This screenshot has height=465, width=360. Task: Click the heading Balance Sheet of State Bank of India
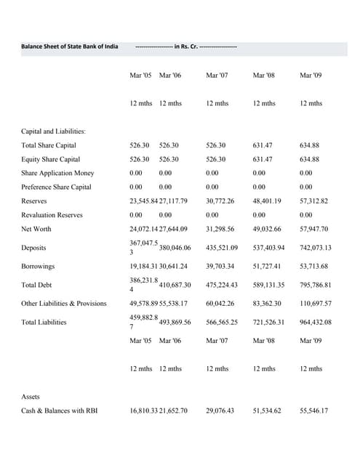tap(69, 47)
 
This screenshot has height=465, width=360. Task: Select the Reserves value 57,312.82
tap(314, 201)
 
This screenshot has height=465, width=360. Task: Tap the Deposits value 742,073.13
tap(316, 247)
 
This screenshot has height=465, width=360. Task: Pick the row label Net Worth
tap(36, 229)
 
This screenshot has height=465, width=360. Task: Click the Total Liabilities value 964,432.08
tap(316, 322)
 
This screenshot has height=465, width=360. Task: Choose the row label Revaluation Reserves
tap(52, 215)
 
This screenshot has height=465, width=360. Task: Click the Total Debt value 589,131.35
tap(270, 285)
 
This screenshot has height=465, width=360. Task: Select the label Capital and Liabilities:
tap(53, 132)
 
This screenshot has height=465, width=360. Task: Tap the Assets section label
tap(31, 397)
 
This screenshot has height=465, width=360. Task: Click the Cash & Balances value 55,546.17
tap(314, 411)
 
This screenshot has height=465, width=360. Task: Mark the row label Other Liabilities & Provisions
tap(64, 303)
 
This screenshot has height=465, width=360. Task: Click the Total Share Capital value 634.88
tap(310, 145)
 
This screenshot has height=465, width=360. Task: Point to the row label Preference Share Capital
tap(57, 187)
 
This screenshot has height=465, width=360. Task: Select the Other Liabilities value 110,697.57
tap(316, 303)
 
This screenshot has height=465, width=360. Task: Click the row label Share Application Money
tap(57, 173)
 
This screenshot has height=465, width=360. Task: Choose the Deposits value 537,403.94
tap(270, 247)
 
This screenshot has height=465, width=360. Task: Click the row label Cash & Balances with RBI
tap(60, 411)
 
